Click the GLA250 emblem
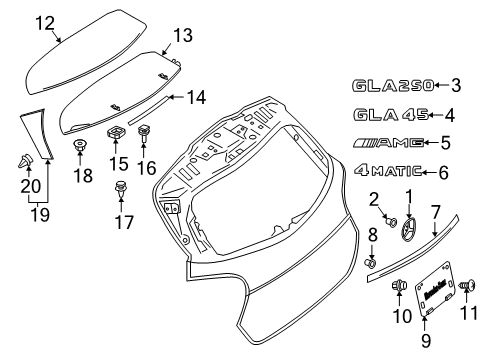[x=393, y=86]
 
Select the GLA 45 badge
[x=391, y=115]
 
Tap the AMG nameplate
[x=388, y=143]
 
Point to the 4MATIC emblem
[x=388, y=171]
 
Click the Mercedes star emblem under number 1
[x=407, y=229]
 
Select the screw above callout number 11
[x=468, y=285]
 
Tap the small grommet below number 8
[x=370, y=263]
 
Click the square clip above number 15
[x=116, y=132]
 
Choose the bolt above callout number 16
[x=144, y=133]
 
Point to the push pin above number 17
[x=121, y=188]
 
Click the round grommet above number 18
[x=79, y=145]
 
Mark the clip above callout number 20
[x=25, y=161]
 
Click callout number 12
[x=45, y=23]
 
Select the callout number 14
[x=196, y=97]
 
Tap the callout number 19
[x=40, y=214]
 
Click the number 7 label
[x=436, y=212]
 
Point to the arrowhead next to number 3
[x=437, y=85]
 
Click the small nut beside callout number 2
[x=391, y=222]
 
